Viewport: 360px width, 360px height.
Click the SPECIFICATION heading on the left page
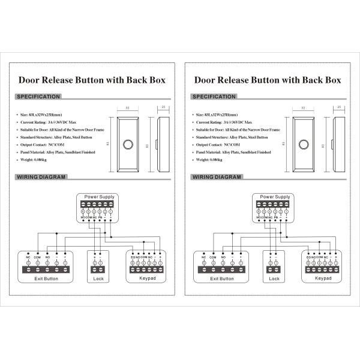click(x=38, y=96)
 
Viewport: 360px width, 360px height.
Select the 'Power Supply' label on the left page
click(x=99, y=197)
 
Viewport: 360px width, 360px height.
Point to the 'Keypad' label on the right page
click(x=323, y=278)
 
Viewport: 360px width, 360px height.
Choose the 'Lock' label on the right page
click(x=274, y=278)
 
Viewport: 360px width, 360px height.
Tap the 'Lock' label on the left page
click(x=98, y=278)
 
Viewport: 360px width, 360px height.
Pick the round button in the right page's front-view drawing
click(x=304, y=145)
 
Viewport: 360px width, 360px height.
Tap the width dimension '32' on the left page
click(x=128, y=107)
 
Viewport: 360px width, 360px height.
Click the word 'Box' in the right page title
click(x=330, y=79)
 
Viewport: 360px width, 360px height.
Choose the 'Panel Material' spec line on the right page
click(x=234, y=152)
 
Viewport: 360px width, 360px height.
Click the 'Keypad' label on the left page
click(x=147, y=278)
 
